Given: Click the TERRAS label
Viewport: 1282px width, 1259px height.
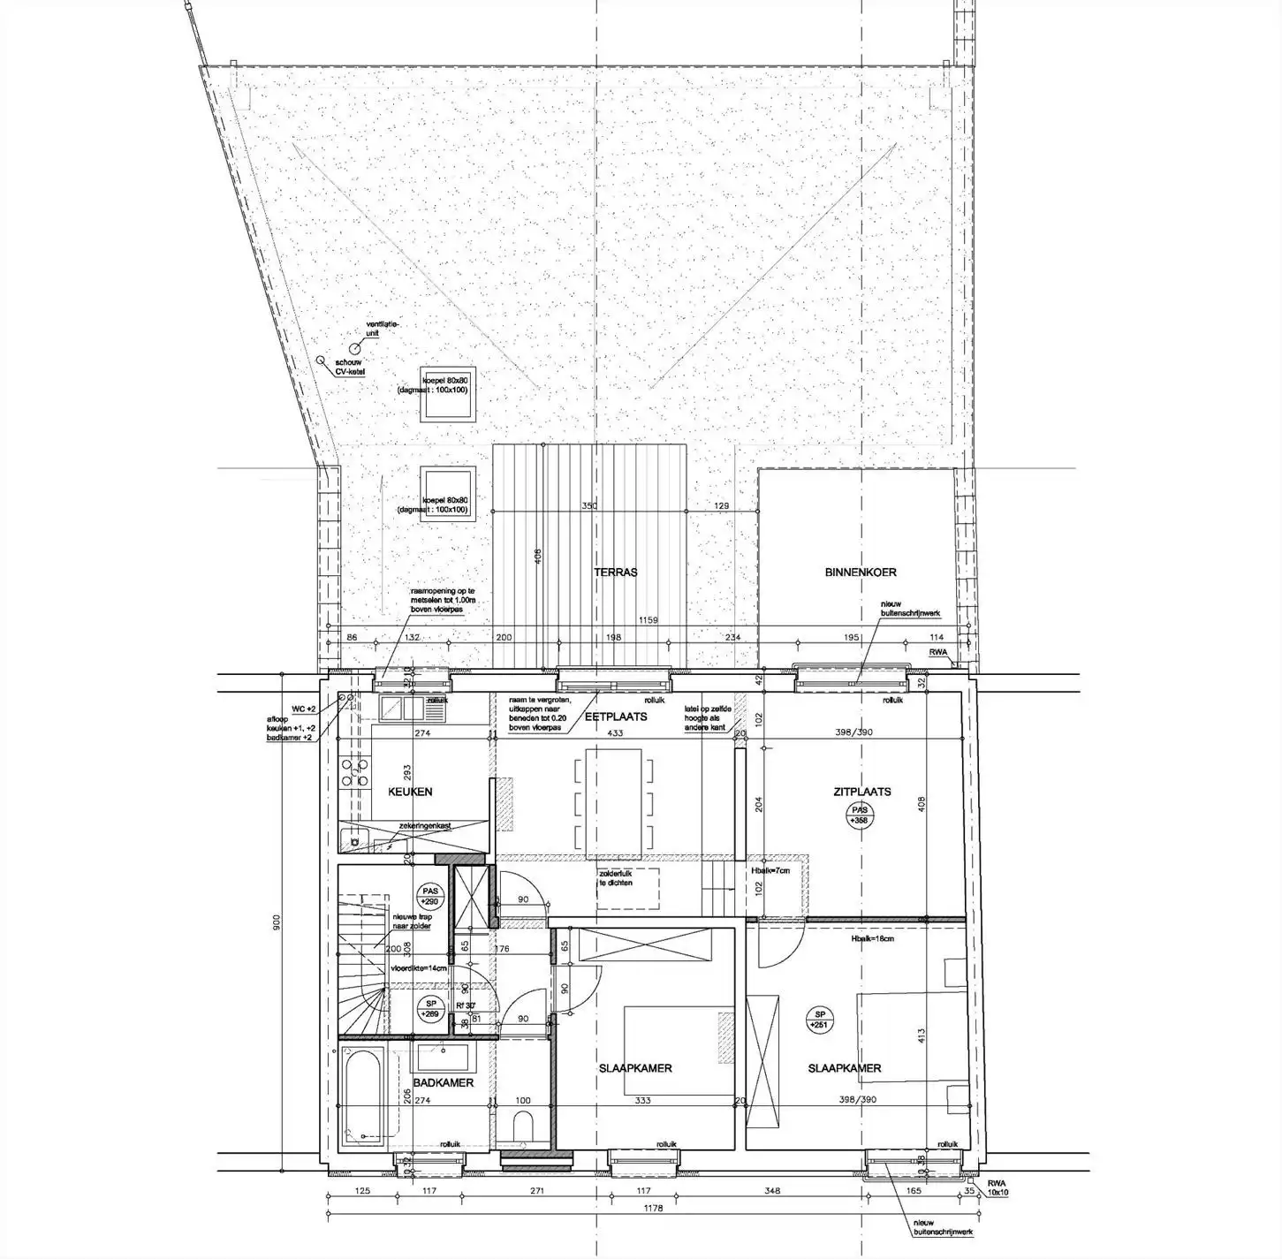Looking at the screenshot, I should point(616,572).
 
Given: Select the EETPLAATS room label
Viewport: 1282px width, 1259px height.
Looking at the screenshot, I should point(616,717).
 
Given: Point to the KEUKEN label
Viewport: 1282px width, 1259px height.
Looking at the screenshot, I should point(411,792).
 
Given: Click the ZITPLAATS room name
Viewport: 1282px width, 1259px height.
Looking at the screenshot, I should point(861,792).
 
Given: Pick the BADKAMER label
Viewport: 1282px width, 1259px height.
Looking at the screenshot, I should point(444,1082).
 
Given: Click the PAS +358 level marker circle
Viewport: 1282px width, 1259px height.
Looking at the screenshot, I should point(859,815).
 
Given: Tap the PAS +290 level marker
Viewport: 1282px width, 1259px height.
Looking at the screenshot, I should point(430,897).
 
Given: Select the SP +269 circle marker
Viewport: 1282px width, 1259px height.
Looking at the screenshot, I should point(431,1009).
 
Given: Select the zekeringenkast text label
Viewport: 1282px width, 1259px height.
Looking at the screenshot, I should point(425,825).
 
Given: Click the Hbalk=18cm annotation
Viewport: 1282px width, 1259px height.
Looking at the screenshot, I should point(872,938).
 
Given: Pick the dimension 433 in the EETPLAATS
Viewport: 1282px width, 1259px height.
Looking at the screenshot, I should point(615,733).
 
